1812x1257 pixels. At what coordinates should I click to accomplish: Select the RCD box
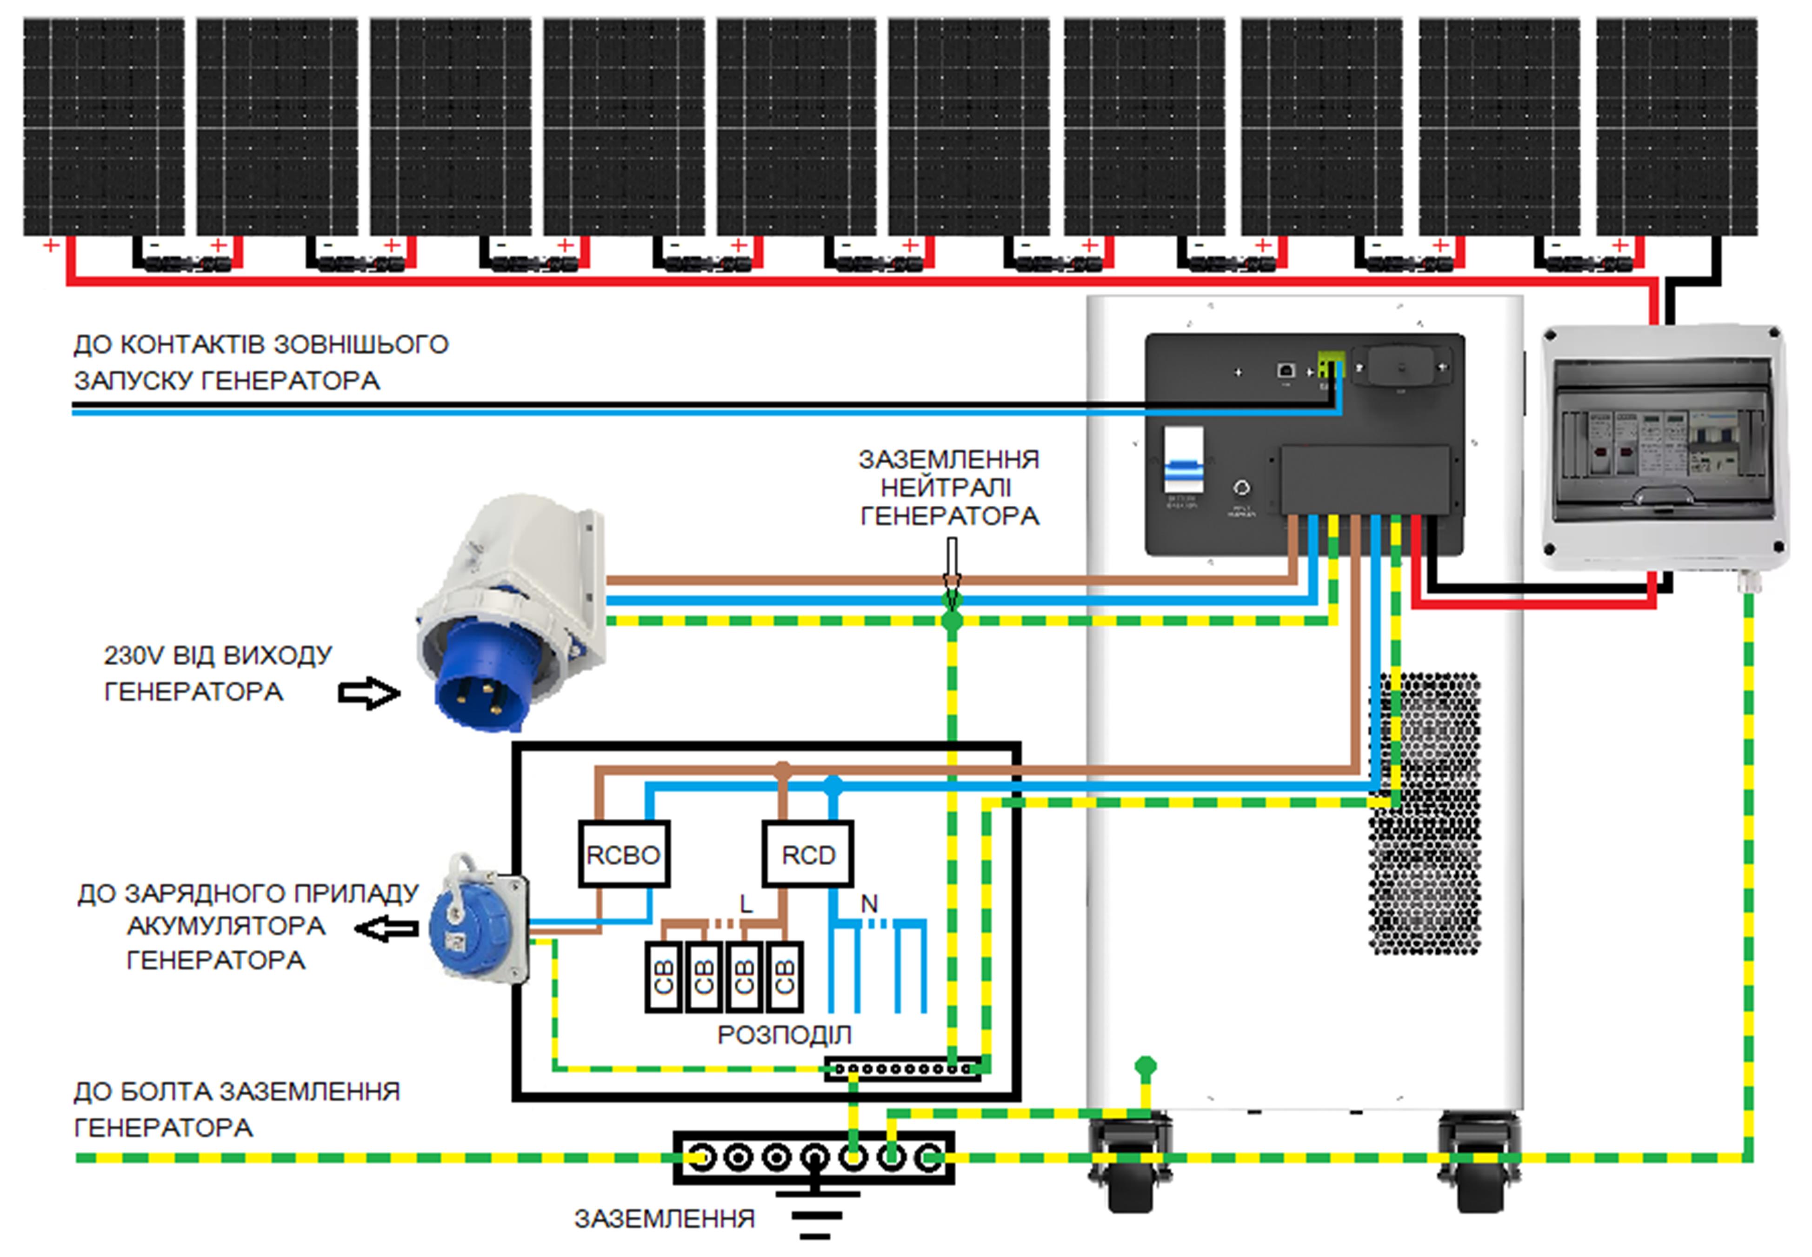pyautogui.click(x=807, y=855)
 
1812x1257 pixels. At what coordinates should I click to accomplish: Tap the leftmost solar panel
pyautogui.click(x=104, y=126)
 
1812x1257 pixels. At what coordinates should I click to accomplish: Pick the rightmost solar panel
pyautogui.click(x=1677, y=126)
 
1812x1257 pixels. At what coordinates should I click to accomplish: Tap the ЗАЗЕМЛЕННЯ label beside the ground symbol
pyautogui.click(x=664, y=1219)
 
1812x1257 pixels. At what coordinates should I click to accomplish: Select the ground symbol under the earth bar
pyautogui.click(x=815, y=1209)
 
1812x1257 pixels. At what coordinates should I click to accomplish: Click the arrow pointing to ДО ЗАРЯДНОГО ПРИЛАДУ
pyautogui.click(x=386, y=929)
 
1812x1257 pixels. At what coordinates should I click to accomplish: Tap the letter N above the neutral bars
pyautogui.click(x=869, y=903)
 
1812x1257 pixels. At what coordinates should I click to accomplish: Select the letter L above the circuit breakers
pyautogui.click(x=746, y=903)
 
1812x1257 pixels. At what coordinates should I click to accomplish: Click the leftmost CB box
pyautogui.click(x=663, y=976)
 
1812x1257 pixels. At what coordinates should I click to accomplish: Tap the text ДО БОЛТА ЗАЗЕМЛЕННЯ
pyautogui.click(x=236, y=1091)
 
